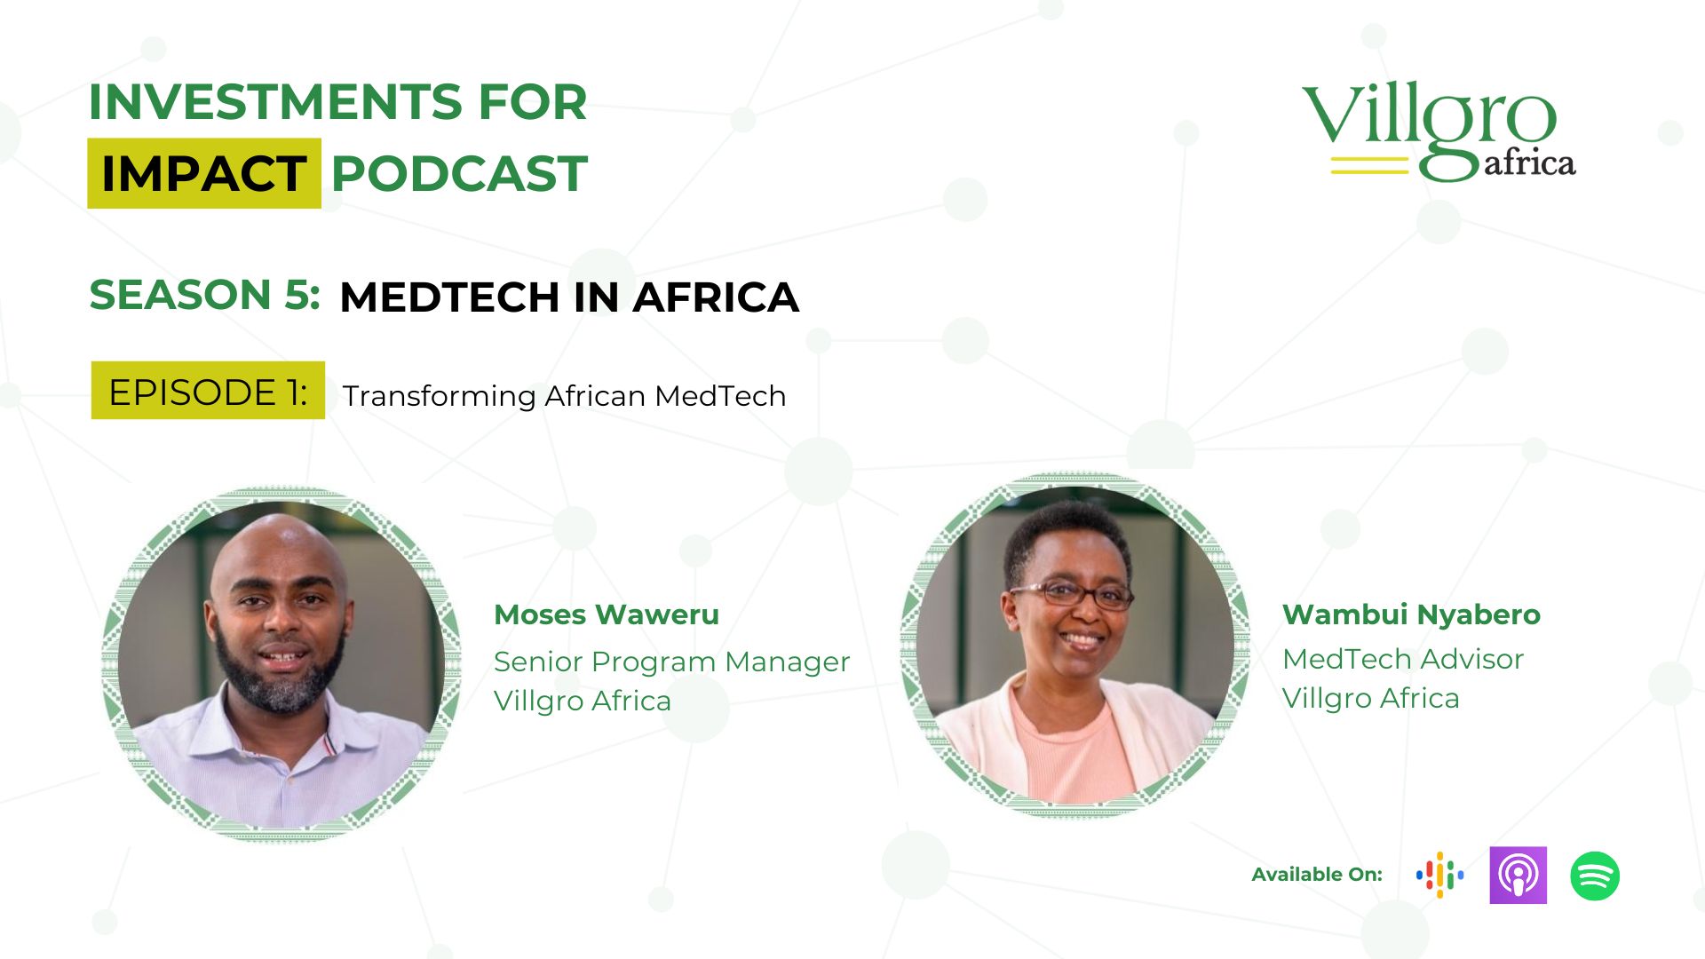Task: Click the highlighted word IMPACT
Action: coord(204,173)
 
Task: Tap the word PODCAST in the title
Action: coord(459,173)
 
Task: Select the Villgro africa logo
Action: coord(1439,131)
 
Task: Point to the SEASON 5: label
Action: coord(204,295)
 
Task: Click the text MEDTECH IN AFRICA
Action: coord(569,297)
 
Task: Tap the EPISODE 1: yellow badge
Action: coord(208,391)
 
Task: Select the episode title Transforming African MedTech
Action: coord(564,395)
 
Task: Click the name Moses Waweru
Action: coord(607,614)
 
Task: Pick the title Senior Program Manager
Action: coord(671,662)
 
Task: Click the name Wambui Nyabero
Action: coord(1411,614)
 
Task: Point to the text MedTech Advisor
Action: coord(1403,659)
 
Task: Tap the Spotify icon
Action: coord(1595,876)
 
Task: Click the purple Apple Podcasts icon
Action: coord(1519,876)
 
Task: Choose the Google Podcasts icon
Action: coord(1440,876)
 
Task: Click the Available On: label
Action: coord(1317,875)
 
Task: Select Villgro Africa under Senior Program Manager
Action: coord(583,701)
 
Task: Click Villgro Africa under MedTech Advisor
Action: coord(1371,698)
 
